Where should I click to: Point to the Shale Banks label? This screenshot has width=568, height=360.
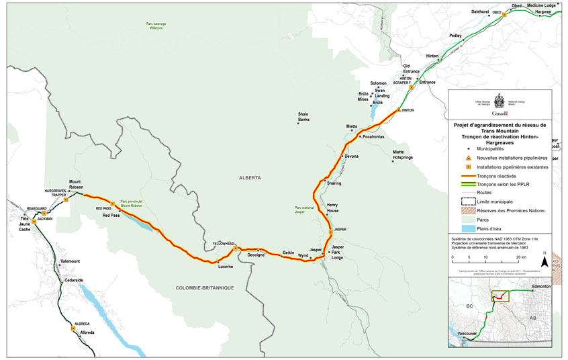pos(303,117)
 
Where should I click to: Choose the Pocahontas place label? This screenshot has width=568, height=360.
pos(373,136)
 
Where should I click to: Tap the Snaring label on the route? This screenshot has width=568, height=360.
pos(334,182)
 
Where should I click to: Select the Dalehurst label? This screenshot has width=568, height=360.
pos(480,12)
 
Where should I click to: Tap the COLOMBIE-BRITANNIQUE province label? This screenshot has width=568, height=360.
pos(204,287)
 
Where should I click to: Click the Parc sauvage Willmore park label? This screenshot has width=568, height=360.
pos(155,26)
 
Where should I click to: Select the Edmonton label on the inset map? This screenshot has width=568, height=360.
pos(540,286)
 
